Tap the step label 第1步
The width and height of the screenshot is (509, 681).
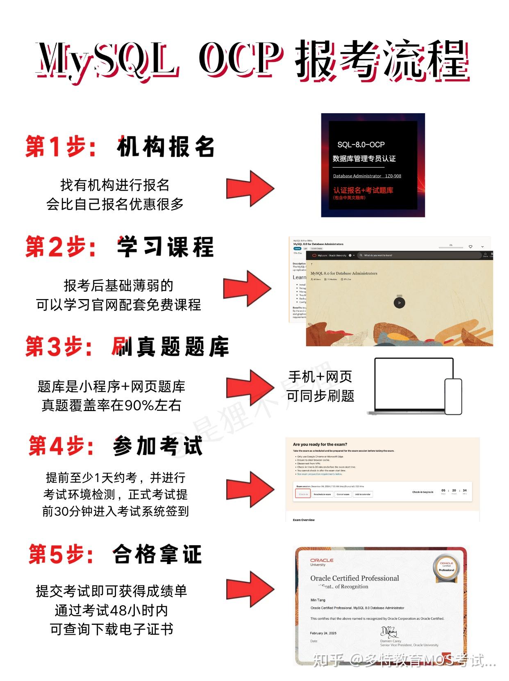61,146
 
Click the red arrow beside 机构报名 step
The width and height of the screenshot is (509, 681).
250,188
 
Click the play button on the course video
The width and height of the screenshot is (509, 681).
399,303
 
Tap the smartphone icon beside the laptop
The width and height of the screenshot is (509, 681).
453,396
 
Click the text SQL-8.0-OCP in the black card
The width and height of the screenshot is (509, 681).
361,145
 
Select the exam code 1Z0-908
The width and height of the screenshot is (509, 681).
393,176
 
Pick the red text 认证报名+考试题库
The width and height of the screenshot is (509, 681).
363,190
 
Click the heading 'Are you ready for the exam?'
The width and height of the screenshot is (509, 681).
320,444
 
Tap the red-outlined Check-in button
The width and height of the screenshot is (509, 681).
303,494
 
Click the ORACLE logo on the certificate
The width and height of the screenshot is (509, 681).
322,560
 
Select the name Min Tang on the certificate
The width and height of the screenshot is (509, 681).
318,600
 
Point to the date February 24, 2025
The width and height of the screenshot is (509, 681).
323,633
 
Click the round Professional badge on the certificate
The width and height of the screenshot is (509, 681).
446,568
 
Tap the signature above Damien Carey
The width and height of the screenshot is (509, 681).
389,631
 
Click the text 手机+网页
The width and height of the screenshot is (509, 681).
320,377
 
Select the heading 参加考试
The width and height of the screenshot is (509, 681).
158,446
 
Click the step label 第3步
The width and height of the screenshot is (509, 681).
60,347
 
